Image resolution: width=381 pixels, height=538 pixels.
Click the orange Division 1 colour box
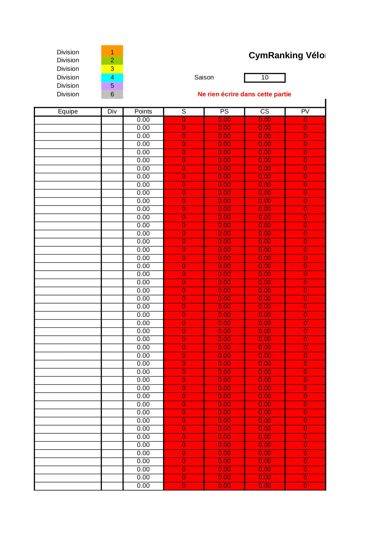112,51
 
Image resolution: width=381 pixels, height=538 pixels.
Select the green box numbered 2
112,60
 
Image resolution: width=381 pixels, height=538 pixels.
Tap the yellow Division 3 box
112,69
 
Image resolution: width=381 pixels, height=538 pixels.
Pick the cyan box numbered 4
112,77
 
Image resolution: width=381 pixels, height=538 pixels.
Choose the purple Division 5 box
112,86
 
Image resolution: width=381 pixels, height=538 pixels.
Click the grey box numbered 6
112,94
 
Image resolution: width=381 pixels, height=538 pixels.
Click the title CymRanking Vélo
287,56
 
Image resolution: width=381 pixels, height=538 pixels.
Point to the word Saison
204,78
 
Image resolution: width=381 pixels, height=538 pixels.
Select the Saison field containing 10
265,78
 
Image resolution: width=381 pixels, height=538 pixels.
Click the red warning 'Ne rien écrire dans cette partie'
244,94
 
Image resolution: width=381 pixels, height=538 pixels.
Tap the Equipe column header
68,112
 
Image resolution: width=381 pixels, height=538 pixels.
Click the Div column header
112,112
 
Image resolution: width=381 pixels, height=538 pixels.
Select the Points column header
143,112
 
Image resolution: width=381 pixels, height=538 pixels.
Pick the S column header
184,112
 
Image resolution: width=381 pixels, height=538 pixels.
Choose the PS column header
224,112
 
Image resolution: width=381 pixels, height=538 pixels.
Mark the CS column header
265,112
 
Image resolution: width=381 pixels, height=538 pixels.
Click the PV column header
305,112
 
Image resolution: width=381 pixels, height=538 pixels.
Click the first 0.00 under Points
143,120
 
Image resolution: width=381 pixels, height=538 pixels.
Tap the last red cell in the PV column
305,486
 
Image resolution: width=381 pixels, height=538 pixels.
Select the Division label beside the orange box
68,52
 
